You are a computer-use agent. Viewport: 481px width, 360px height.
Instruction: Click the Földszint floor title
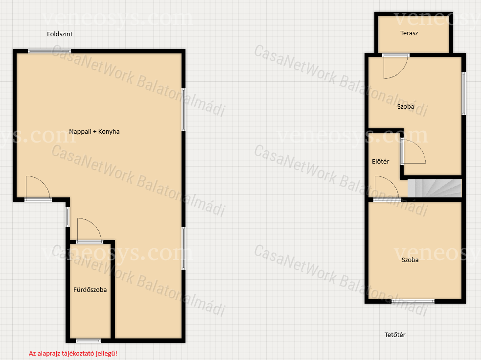click(x=60, y=34)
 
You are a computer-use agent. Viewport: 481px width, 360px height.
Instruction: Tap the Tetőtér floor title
click(x=395, y=335)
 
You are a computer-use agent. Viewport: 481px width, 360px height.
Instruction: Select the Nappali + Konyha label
click(x=94, y=131)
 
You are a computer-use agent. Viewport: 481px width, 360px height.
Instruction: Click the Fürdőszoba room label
click(x=90, y=289)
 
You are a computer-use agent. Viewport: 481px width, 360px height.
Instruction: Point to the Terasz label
click(x=409, y=33)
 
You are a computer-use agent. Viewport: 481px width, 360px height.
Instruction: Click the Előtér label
click(x=380, y=161)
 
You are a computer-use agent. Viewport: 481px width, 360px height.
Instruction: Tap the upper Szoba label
click(x=406, y=107)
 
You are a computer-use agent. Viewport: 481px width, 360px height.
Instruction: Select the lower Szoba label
click(x=410, y=260)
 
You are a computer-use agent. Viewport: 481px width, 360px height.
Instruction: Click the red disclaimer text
click(x=73, y=354)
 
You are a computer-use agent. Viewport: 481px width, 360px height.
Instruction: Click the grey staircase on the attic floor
click(x=435, y=188)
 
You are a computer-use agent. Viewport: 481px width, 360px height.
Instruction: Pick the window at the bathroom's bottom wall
click(x=89, y=340)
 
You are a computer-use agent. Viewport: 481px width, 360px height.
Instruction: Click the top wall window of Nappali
click(x=49, y=51)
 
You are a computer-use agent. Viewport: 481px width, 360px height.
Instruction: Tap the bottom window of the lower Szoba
click(x=413, y=302)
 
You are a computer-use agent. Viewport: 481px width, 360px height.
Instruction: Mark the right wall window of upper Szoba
click(x=464, y=94)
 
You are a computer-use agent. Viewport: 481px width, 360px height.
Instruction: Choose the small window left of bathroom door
click(x=68, y=217)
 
